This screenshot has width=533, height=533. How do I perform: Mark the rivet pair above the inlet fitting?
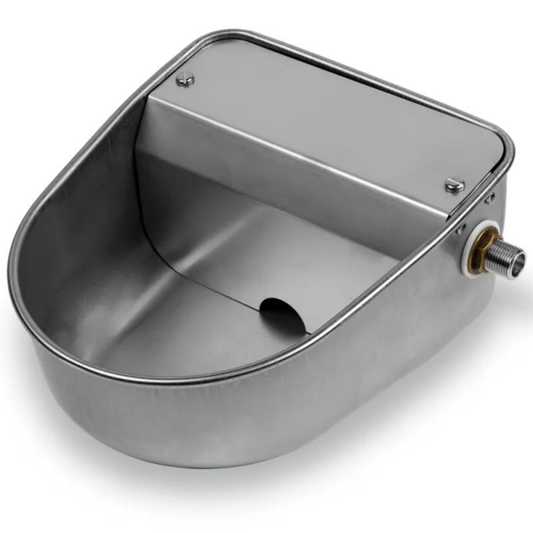click(x=489, y=198)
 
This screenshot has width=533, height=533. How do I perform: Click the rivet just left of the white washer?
click(x=458, y=230)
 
